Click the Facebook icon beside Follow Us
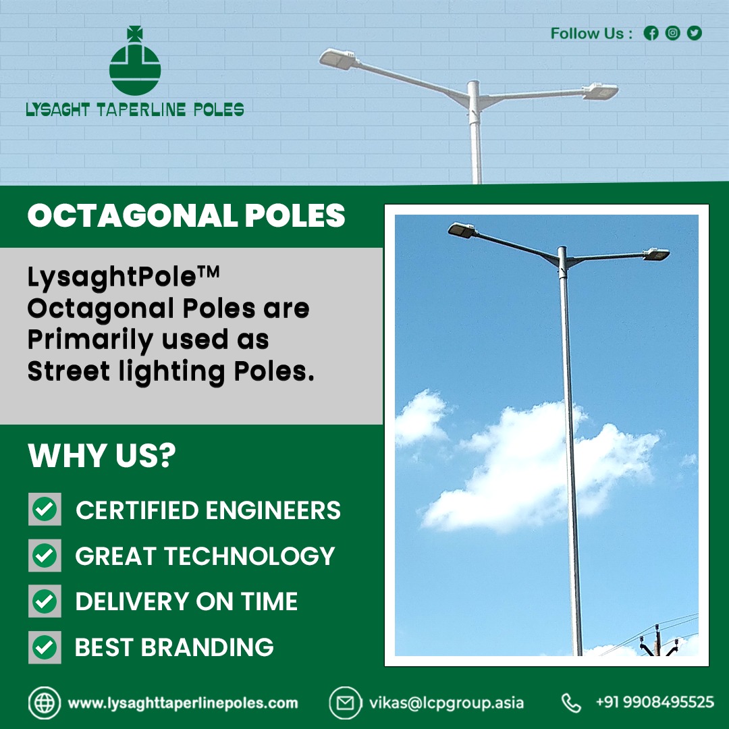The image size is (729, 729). click(651, 33)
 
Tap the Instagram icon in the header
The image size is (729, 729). click(672, 33)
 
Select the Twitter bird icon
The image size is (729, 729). click(694, 33)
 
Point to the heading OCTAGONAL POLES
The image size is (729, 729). click(186, 217)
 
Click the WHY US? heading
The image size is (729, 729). click(102, 456)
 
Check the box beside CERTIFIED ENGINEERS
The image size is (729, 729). click(45, 510)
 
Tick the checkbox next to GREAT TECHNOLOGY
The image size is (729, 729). click(45, 556)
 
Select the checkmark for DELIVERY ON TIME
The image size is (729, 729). click(45, 601)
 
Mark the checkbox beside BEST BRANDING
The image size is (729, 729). click(45, 647)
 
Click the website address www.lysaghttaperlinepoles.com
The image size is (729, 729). click(183, 703)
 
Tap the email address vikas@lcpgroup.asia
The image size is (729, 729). click(446, 703)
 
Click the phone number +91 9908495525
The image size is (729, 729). click(654, 703)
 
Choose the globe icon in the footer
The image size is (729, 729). click(45, 703)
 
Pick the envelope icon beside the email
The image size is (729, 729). click(345, 703)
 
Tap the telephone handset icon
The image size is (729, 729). click(571, 703)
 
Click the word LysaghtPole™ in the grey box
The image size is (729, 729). click(125, 277)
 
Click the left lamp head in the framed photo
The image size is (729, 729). click(462, 230)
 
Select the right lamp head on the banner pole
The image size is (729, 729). click(601, 90)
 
